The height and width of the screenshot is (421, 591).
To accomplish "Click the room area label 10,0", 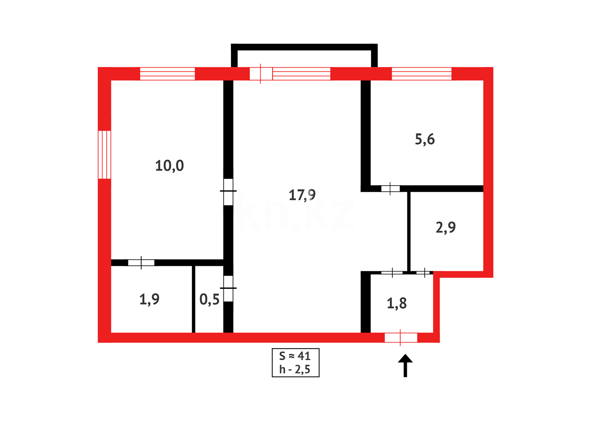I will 169,166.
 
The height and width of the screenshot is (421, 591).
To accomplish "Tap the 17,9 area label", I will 302,195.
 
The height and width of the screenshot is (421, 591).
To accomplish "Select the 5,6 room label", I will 425,139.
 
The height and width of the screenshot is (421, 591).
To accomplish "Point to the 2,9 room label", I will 446,227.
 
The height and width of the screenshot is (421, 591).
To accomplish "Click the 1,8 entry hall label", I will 396,303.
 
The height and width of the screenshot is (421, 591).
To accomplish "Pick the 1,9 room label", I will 149,299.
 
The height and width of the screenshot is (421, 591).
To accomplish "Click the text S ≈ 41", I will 295,356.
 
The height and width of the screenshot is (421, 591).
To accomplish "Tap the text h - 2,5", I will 295,369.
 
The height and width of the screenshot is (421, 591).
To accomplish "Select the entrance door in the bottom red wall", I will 401,338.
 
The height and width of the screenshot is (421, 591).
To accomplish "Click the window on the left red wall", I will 104,155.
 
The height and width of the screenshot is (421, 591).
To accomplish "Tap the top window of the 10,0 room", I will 167,74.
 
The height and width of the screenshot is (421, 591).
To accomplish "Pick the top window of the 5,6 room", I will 421,74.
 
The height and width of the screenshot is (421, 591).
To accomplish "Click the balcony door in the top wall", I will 261,74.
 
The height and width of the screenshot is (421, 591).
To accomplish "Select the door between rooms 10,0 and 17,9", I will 228,191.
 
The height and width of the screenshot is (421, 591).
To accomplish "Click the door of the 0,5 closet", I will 228,288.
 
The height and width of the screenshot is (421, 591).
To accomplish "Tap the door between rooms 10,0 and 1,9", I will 141,263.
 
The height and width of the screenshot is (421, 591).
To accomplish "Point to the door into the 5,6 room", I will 390,189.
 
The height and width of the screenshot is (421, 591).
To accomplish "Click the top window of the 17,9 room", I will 301,74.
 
